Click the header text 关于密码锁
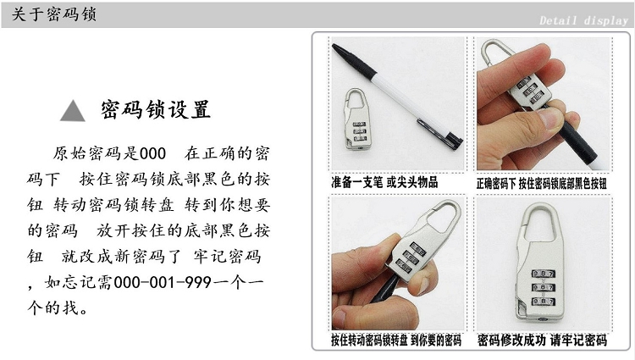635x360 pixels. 54,14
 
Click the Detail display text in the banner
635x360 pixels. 583,20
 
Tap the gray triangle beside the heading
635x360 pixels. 73,111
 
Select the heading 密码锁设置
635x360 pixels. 156,109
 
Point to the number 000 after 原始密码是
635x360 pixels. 152,153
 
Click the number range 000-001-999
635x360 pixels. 163,282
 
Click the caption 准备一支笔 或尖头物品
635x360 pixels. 384,182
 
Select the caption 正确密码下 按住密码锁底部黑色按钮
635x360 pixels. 542,184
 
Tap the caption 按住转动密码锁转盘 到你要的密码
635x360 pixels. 396,341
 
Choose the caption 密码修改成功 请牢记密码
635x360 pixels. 542,341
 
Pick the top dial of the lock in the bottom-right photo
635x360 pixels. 543,274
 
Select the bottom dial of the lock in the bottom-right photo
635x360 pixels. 543,302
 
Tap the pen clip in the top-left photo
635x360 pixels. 439,131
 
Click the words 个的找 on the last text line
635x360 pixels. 53,307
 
